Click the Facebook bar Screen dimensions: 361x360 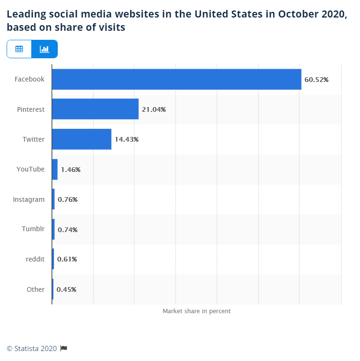(x=176, y=79)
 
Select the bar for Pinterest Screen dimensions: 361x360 (x=95, y=109)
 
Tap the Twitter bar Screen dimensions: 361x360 (x=81, y=139)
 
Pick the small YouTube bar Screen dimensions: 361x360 (x=54, y=169)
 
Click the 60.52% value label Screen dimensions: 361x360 (x=316, y=80)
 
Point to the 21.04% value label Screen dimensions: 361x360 (x=153, y=109)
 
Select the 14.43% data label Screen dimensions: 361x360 (x=126, y=139)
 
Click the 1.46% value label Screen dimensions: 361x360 (x=71, y=169)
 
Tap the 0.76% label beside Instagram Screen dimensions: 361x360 (x=67, y=199)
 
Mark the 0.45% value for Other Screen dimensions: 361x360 (x=66, y=289)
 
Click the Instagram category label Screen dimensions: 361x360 (x=29, y=199)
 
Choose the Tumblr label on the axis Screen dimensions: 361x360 (x=33, y=229)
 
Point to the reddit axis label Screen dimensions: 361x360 (x=35, y=259)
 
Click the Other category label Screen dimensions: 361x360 (x=36, y=289)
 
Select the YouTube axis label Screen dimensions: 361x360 (x=30, y=169)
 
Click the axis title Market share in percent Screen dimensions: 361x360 (x=197, y=311)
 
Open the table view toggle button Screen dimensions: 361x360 (x=19, y=49)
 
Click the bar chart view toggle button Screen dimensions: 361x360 (x=45, y=49)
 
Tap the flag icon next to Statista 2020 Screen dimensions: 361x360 (x=64, y=349)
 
